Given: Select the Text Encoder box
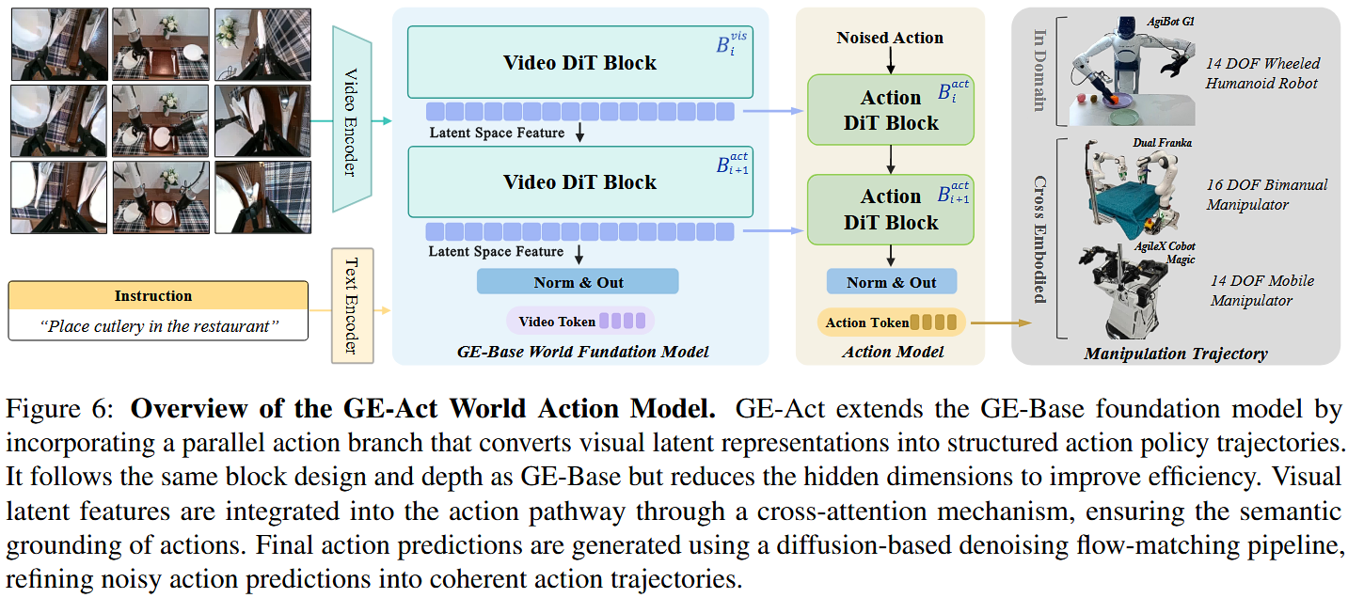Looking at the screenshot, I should tap(353, 306).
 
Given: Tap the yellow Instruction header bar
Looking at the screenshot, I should tap(157, 295).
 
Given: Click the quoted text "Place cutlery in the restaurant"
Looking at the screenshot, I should tap(157, 326).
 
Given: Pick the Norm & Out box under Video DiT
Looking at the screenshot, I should tap(578, 282).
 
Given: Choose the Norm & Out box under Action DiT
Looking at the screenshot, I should tap(891, 282).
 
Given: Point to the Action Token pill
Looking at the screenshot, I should tap(891, 323).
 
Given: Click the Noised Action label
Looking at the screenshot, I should tap(890, 38).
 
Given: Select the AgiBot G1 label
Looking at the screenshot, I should tap(1169, 21).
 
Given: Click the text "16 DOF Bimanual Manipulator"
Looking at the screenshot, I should tap(1267, 194).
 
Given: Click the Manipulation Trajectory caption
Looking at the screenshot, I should tap(1175, 354).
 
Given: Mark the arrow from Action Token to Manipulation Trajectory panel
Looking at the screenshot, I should tap(999, 323).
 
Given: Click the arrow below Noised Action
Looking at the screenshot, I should tap(890, 60).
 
